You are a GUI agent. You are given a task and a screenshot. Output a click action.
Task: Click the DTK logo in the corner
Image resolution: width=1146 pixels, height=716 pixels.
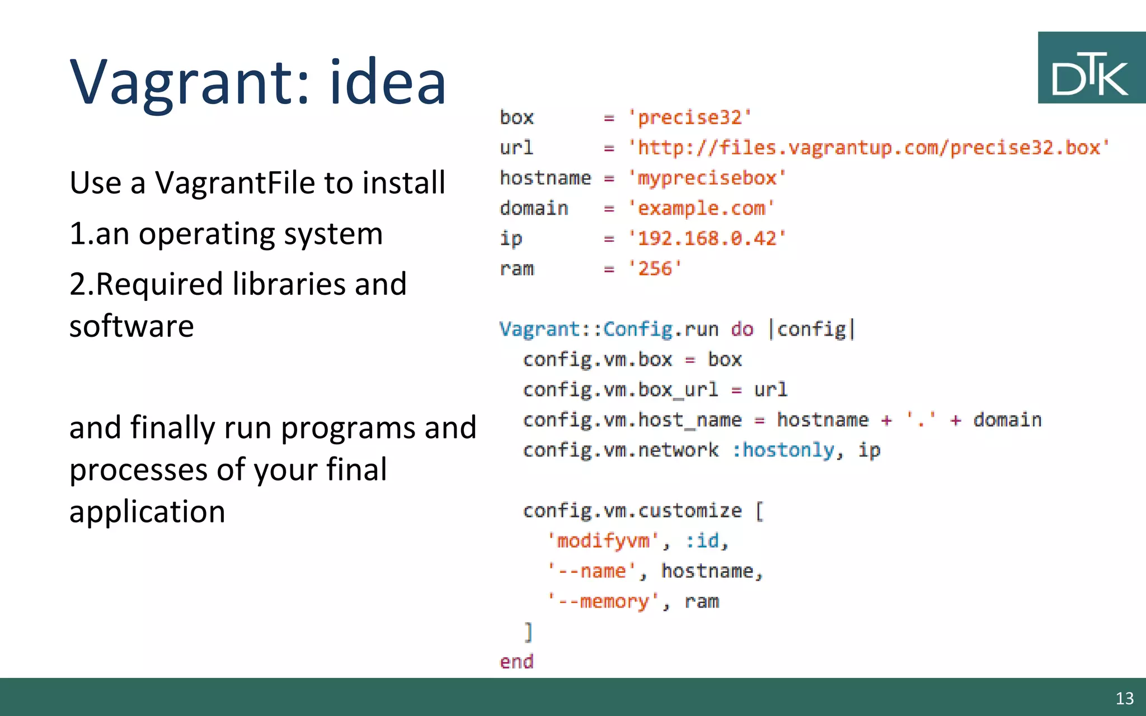point(1091,68)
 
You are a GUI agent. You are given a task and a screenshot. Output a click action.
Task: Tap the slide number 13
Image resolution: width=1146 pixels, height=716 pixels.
point(1124,698)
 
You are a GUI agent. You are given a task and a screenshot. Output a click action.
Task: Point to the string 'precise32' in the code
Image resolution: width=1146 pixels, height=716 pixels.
point(689,117)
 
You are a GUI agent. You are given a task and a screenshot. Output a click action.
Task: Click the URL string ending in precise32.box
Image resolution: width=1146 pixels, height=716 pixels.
point(868,148)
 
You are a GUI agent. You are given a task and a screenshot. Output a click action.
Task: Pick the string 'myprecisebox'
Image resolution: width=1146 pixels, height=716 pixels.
point(707,178)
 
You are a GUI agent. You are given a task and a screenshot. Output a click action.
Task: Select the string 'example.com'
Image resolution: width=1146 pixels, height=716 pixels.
point(701,208)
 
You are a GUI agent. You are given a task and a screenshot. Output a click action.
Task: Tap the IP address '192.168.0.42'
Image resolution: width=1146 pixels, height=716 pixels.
point(707,238)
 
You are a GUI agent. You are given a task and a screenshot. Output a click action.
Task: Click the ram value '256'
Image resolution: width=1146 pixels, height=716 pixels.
point(655,268)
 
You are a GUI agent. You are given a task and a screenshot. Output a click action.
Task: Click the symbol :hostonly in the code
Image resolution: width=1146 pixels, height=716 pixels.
point(782,450)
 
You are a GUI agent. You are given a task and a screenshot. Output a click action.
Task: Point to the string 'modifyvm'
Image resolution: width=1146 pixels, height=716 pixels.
point(603,540)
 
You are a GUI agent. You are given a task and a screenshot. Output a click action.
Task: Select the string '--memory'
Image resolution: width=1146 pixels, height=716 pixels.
point(603,601)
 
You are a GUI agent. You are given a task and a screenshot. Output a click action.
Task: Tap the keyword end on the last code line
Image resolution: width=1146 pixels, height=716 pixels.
point(516,662)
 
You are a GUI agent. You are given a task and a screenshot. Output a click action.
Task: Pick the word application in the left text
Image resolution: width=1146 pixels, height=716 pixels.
point(147,511)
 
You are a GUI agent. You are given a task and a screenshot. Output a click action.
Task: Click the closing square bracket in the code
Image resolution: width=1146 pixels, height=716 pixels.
point(528,632)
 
